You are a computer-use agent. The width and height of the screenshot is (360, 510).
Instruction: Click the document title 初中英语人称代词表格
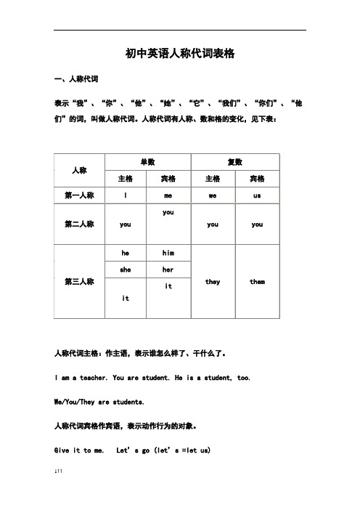click(180, 54)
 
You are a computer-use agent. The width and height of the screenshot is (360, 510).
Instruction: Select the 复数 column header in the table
click(234, 162)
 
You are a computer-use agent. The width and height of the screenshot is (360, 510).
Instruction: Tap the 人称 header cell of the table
click(81, 169)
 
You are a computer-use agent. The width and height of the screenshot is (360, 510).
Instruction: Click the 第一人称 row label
click(81, 195)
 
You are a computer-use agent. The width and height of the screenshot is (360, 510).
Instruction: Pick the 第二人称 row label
click(81, 224)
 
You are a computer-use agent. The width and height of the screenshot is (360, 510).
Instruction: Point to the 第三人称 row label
click(81, 281)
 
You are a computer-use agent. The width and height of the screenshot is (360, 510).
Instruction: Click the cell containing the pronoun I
click(126, 195)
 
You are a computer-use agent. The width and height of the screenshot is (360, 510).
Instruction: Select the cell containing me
click(168, 195)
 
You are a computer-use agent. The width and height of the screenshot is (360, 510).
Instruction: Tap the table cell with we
click(213, 195)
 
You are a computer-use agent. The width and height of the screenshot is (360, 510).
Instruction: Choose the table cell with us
click(257, 195)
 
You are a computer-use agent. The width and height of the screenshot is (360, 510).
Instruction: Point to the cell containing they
click(213, 281)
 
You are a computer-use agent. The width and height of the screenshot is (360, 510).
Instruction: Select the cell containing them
click(257, 281)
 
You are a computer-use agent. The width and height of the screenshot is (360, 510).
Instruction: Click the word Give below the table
click(64, 450)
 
